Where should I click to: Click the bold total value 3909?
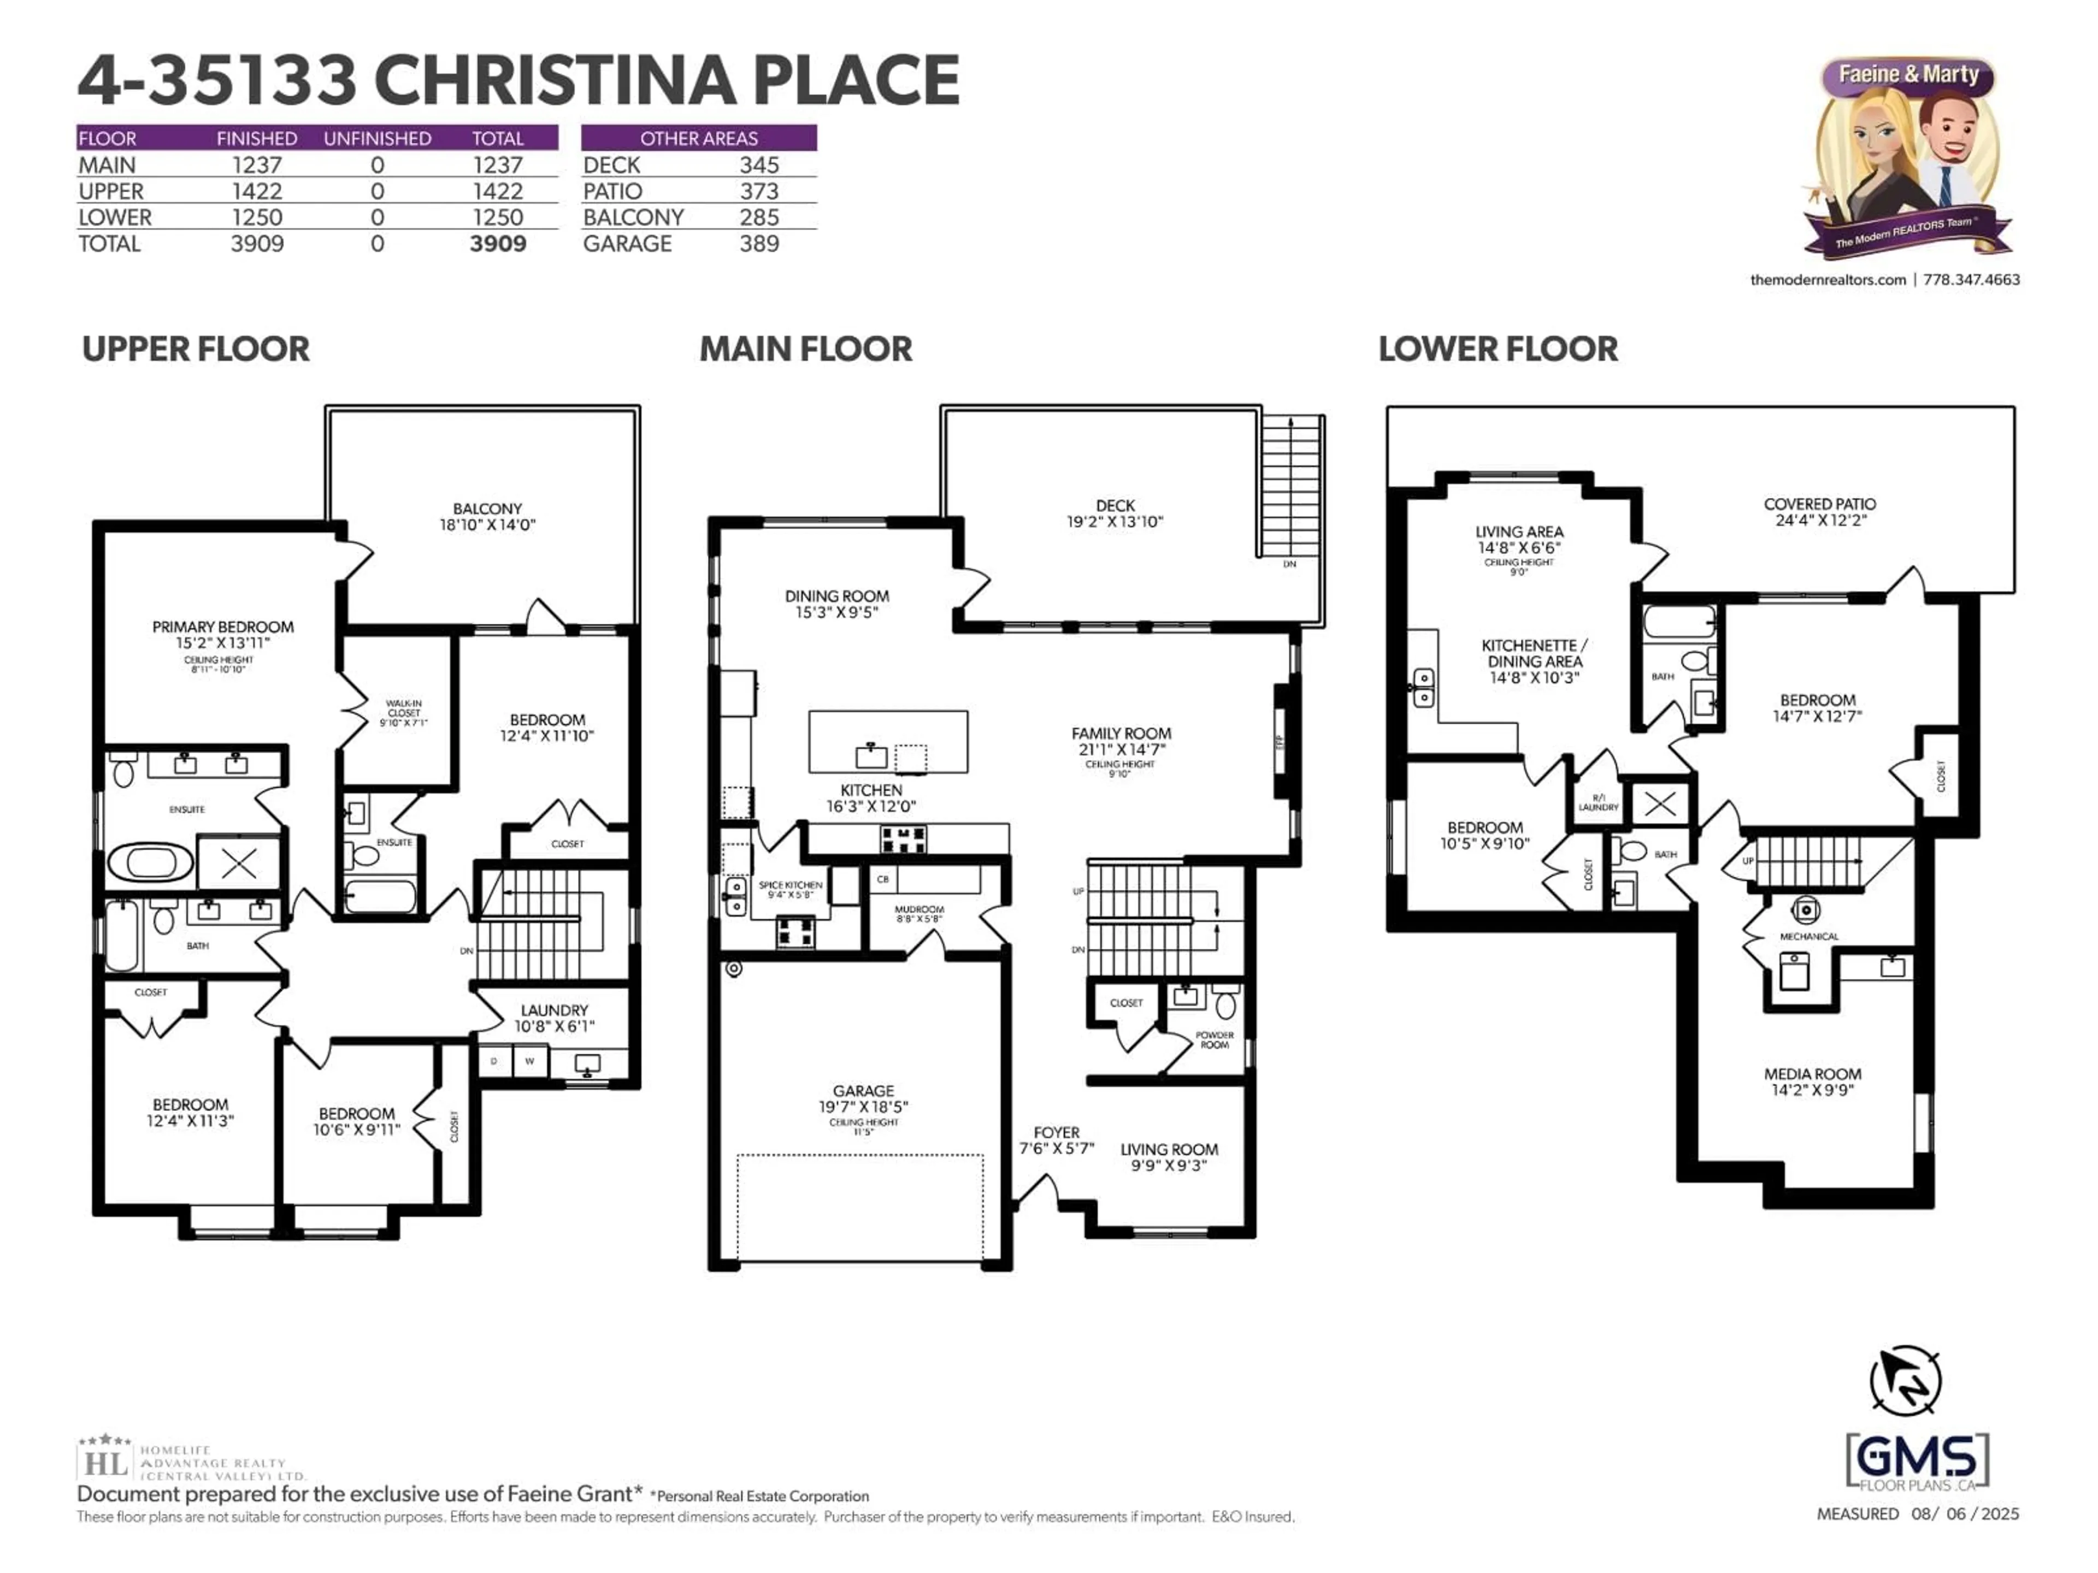coord(498,244)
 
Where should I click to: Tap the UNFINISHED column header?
coord(378,138)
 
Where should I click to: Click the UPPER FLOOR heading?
coord(196,349)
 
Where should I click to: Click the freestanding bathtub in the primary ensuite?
coord(150,863)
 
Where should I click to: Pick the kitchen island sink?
coord(871,756)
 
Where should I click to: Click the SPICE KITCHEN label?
coord(790,885)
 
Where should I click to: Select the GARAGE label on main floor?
coord(863,1091)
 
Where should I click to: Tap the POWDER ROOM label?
coord(1214,1040)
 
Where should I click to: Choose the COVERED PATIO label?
coord(1819,505)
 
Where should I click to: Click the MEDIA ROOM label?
coord(1812,1074)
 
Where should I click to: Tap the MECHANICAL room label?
coord(1809,937)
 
